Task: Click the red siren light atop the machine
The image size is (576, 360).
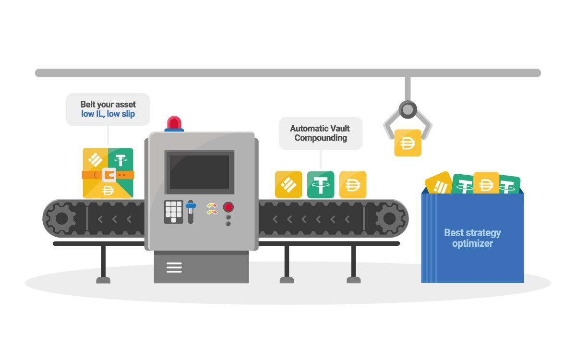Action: (174, 123)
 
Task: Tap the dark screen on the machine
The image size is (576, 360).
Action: (199, 172)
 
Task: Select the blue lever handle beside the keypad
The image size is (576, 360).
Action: (191, 206)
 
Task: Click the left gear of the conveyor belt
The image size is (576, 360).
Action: (61, 218)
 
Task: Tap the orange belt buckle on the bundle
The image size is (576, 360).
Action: (108, 175)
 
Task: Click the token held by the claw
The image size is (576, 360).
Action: (408, 143)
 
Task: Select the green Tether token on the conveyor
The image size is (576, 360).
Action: (321, 185)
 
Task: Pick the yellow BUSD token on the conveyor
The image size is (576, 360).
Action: (288, 185)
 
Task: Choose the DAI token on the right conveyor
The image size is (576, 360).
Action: (353, 185)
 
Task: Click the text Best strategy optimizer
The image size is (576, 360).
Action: (472, 238)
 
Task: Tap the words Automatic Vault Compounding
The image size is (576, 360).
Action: (320, 133)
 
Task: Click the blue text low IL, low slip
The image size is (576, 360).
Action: (108, 114)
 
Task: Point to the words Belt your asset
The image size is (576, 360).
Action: (108, 104)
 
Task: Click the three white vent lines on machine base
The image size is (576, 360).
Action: (174, 267)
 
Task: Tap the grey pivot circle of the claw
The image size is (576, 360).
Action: (408, 109)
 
